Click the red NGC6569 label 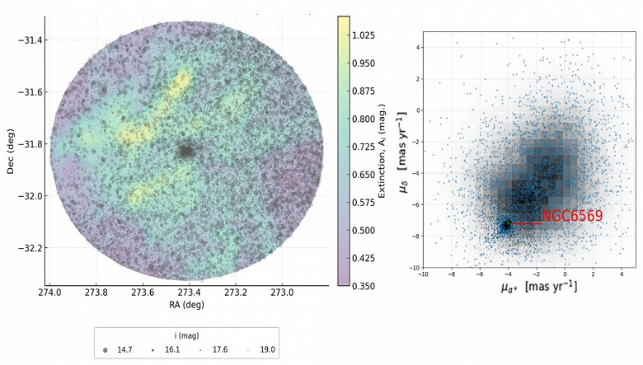click(571, 217)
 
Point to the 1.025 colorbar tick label click(372, 35)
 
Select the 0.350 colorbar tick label click(372, 286)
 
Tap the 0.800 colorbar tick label click(372, 119)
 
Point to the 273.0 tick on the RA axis click(283, 293)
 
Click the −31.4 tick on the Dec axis click(31, 40)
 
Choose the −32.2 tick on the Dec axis click(31, 248)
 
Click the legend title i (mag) click(188, 335)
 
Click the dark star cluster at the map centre click(187, 152)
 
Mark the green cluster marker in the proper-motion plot click(508, 223)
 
